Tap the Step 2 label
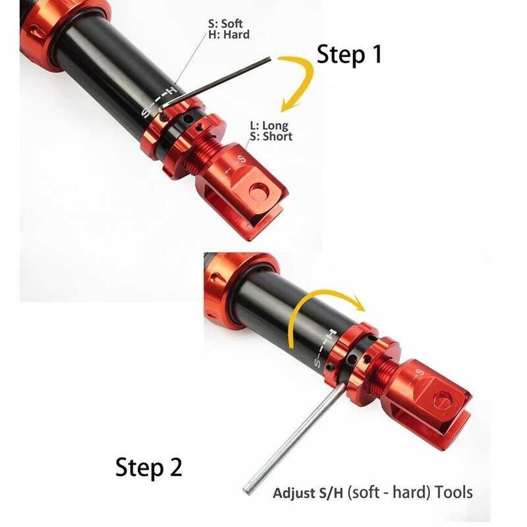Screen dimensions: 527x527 pyautogui.click(x=148, y=467)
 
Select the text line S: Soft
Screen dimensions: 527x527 pyautogui.click(x=226, y=24)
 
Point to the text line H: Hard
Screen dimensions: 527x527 pyautogui.click(x=229, y=34)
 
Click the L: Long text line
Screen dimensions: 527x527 pyautogui.click(x=269, y=125)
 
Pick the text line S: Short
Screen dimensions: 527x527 pyautogui.click(x=271, y=136)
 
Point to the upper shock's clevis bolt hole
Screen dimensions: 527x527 pyautogui.click(x=260, y=191)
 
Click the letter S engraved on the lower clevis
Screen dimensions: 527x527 pyautogui.click(x=419, y=373)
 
